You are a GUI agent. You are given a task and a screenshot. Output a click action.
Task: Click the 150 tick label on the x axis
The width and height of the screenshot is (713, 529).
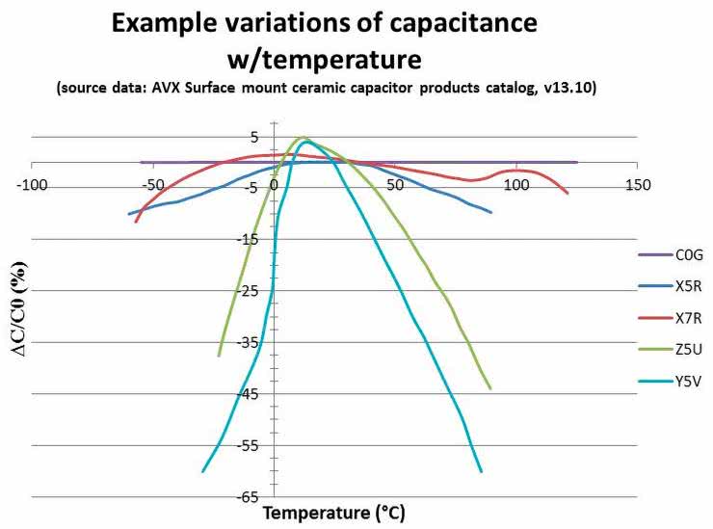[636, 183]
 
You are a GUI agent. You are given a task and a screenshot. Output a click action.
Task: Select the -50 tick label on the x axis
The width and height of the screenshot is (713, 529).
[152, 183]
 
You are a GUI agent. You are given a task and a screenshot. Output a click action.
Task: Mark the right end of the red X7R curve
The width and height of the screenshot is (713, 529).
[568, 194]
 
